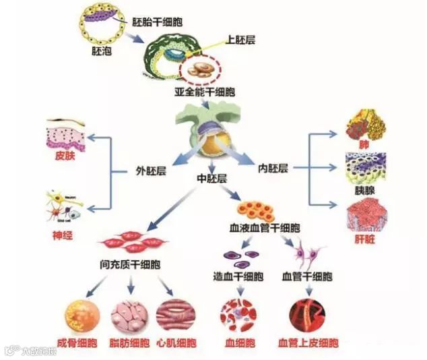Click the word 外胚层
[x=150, y=171]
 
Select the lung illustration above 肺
[x=364, y=125]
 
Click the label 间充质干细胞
[x=132, y=265]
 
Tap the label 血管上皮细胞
[x=308, y=343]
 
